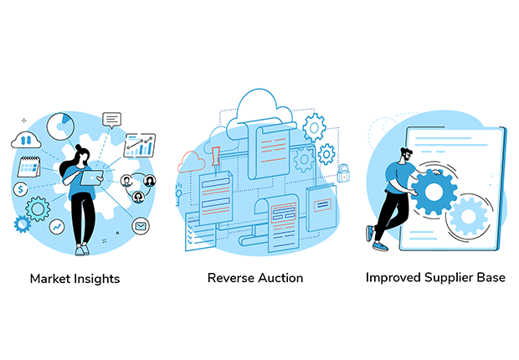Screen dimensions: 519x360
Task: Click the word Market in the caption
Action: [51, 279]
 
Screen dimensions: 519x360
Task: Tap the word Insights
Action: [97, 279]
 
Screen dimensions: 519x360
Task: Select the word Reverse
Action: [229, 278]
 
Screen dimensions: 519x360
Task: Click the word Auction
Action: [280, 278]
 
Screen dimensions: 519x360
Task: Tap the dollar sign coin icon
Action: [21, 189]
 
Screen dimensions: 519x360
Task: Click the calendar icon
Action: [28, 167]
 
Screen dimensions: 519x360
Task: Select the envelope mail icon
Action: [141, 226]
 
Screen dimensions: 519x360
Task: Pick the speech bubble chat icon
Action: [112, 120]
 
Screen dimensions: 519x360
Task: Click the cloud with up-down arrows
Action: [26, 140]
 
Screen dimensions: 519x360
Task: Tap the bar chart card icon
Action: [139, 146]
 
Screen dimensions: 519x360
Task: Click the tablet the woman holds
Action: [91, 177]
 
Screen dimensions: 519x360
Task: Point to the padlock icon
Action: [344, 172]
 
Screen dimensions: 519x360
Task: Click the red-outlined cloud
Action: [192, 162]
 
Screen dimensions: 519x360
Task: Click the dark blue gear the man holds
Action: [433, 192]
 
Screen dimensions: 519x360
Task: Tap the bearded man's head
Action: [406, 155]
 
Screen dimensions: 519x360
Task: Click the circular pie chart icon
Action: [60, 127]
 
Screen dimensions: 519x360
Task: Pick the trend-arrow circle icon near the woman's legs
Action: [57, 227]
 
